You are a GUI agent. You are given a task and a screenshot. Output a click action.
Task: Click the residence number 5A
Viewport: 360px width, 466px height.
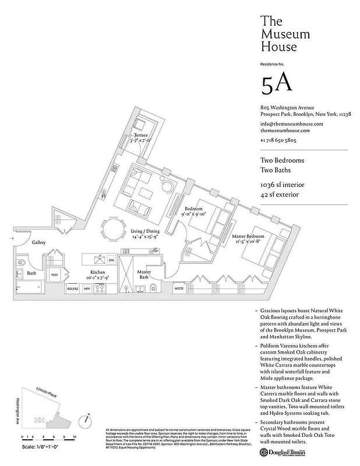(277, 84)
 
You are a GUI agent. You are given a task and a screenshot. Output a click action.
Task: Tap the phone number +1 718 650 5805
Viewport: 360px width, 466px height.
(279, 141)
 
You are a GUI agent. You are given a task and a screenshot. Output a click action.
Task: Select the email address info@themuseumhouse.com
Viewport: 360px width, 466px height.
(291, 124)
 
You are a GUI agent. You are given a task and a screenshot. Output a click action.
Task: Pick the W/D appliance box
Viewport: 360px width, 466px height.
(54, 274)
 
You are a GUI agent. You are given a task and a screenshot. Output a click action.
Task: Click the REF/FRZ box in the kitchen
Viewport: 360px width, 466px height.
(72, 288)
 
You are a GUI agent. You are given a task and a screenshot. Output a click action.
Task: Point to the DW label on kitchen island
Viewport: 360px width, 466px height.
(111, 260)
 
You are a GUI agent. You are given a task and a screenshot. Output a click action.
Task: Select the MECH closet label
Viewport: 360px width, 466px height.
(179, 288)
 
